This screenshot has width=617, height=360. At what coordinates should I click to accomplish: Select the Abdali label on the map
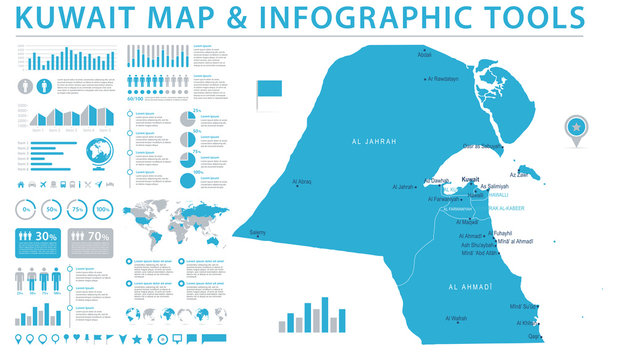(x=425, y=55)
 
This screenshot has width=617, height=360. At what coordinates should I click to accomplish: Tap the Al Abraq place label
(x=302, y=182)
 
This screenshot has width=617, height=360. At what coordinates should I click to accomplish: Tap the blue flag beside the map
(x=270, y=92)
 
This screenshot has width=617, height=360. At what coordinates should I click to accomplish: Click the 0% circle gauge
(x=28, y=210)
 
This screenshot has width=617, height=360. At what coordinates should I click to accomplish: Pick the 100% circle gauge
(x=102, y=210)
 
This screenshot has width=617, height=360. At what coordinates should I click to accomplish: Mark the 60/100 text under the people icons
(x=136, y=98)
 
